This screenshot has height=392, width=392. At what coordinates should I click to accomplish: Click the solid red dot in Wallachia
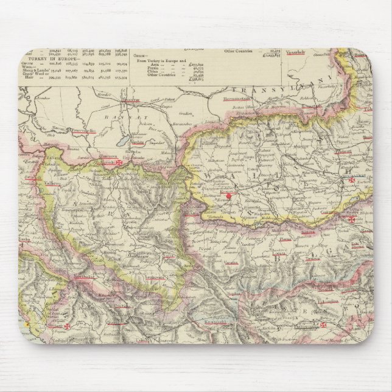coord(229,197)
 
